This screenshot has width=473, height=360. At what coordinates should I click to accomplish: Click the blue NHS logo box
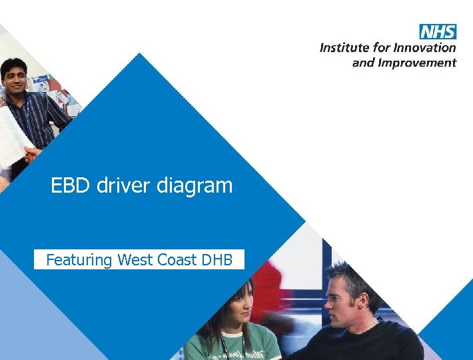pyautogui.click(x=438, y=31)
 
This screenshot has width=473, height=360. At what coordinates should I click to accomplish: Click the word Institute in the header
pyautogui.click(x=342, y=48)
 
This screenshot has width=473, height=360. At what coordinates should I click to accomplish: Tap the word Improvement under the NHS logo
pyautogui.click(x=417, y=63)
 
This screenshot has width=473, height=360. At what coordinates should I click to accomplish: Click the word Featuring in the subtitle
pyautogui.click(x=79, y=260)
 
